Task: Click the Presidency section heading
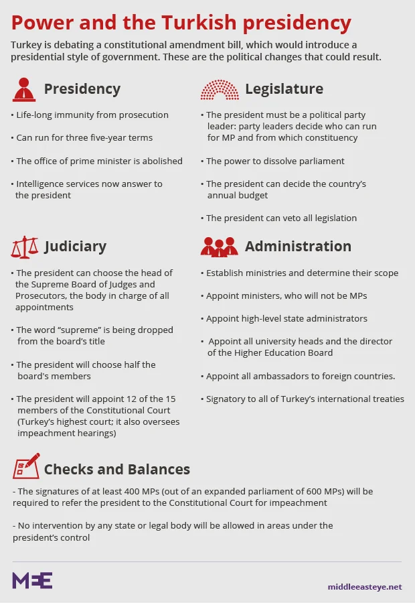pyautogui.click(x=82, y=89)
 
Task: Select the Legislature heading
pyautogui.click(x=284, y=89)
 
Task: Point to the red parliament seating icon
pyautogui.click(x=219, y=89)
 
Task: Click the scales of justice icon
pyautogui.click(x=24, y=247)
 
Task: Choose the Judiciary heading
pyautogui.click(x=75, y=247)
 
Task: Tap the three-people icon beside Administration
pyautogui.click(x=219, y=247)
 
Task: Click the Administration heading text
pyautogui.click(x=298, y=247)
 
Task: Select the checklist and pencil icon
pyautogui.click(x=24, y=468)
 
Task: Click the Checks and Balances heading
pyautogui.click(x=117, y=470)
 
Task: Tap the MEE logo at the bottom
pyautogui.click(x=32, y=580)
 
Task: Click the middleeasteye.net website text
pyautogui.click(x=365, y=587)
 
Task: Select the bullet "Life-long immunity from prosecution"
pyautogui.click(x=92, y=115)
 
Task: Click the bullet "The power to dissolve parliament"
pyautogui.click(x=275, y=161)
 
